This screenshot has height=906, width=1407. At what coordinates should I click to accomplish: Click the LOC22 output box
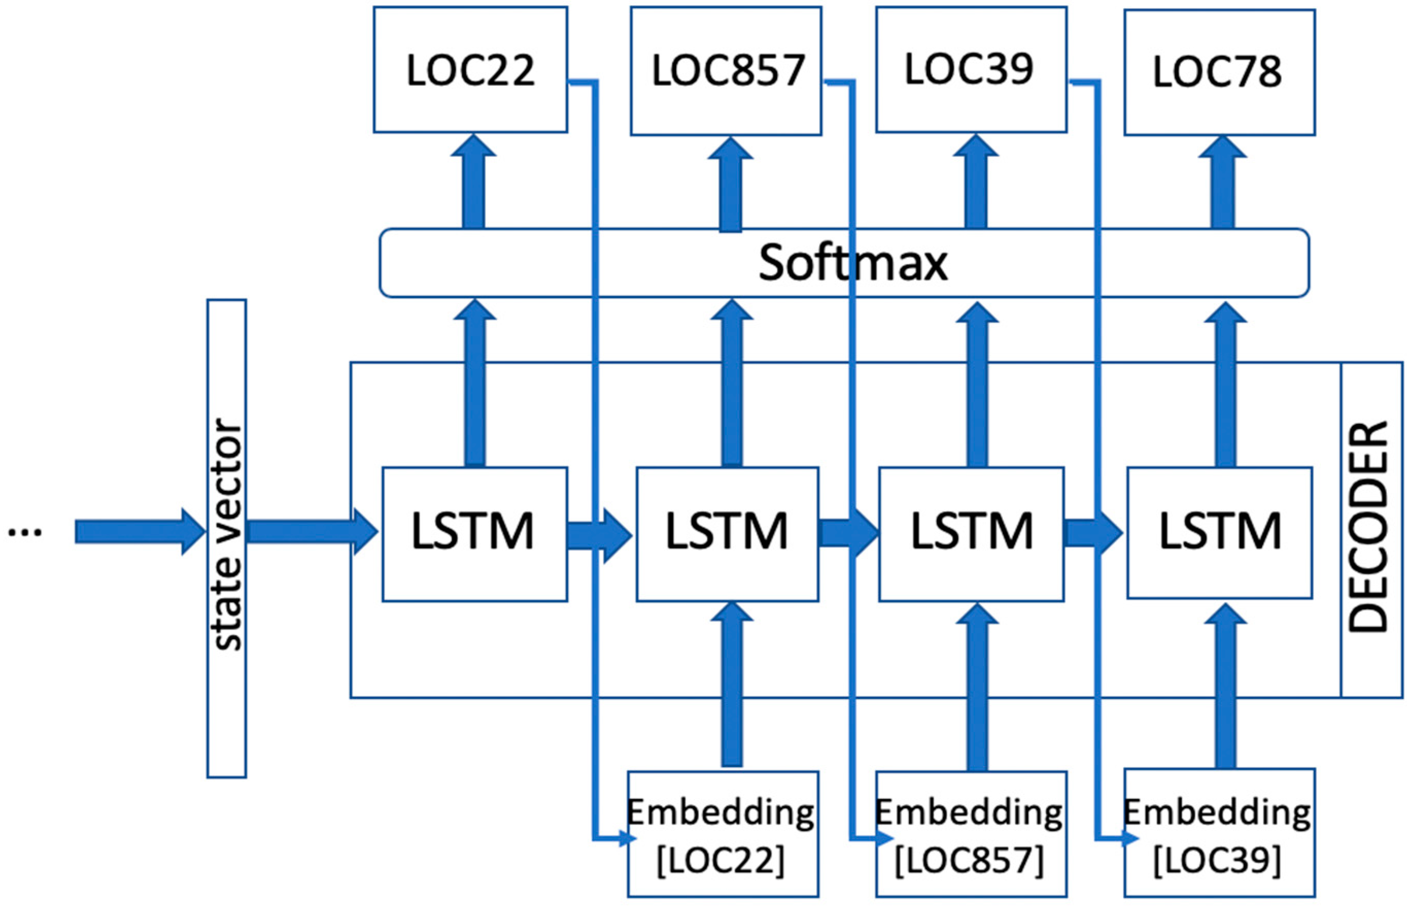pyautogui.click(x=470, y=69)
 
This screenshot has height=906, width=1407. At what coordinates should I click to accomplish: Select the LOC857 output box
pyautogui.click(x=726, y=71)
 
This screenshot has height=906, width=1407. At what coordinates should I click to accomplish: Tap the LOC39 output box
pyautogui.click(x=971, y=69)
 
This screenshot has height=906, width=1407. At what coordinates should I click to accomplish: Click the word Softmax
pyautogui.click(x=853, y=263)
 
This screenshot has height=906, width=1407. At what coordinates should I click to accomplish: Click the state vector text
pyautogui.click(x=227, y=535)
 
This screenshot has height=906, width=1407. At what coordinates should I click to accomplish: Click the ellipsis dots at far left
pyautogui.click(x=25, y=532)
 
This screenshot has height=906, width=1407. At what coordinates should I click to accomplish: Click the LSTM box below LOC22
pyautogui.click(x=474, y=534)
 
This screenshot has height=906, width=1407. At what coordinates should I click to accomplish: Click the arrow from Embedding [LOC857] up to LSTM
pyautogui.click(x=977, y=688)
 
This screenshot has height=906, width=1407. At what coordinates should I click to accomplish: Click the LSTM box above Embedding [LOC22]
pyautogui.click(x=727, y=534)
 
